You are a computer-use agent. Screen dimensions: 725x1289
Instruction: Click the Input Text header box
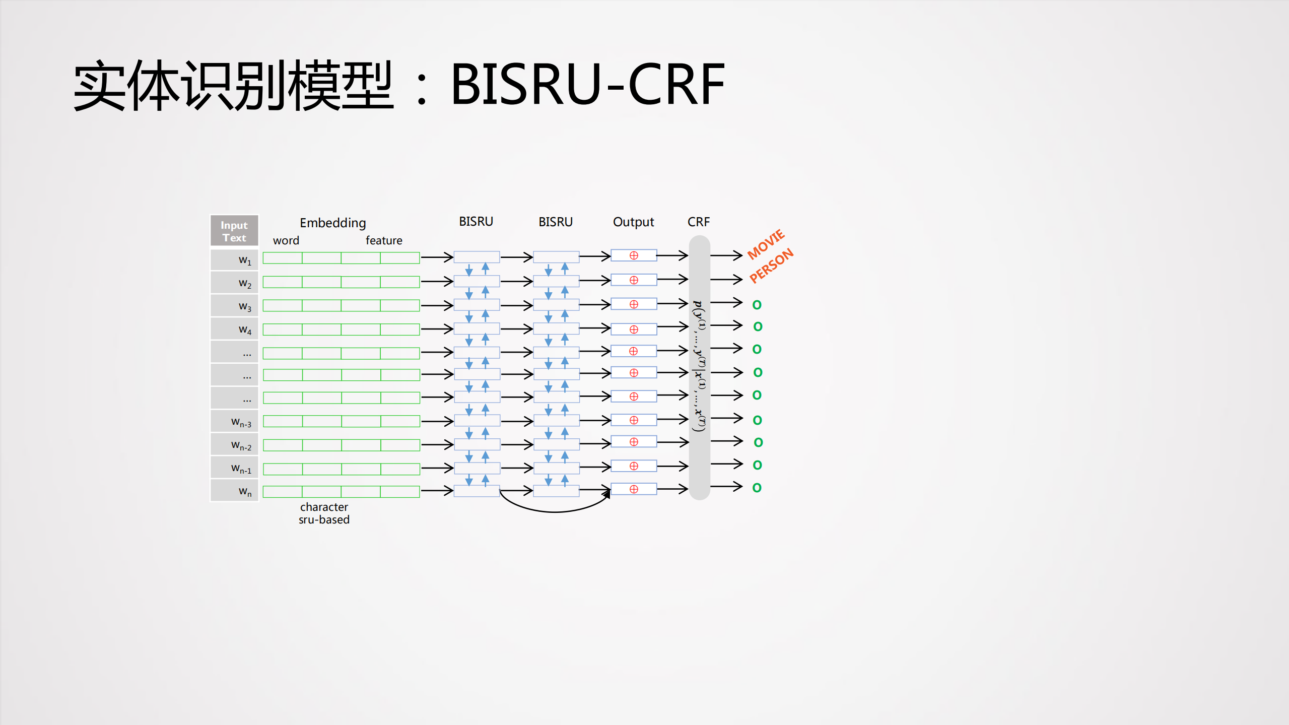[234, 231]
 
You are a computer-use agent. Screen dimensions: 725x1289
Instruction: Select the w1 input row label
[244, 260]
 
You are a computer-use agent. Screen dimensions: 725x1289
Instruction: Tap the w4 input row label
[244, 329]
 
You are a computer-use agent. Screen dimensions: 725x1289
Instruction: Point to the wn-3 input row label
[241, 422]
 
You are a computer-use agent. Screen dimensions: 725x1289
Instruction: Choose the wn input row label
[244, 491]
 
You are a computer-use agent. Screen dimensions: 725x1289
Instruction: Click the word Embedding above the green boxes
[332, 223]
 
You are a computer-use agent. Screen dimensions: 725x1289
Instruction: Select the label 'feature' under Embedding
[384, 240]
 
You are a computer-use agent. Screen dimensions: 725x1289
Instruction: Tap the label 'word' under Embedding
[286, 240]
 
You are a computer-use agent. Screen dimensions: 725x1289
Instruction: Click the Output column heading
[633, 222]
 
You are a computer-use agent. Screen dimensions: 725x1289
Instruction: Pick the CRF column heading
[698, 222]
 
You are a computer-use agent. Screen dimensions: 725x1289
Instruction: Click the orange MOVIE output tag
[766, 244]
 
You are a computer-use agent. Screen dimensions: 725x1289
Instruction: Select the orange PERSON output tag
[771, 266]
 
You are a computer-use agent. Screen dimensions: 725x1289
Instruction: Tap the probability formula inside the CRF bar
[699, 366]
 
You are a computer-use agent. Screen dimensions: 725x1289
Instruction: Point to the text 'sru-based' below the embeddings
[324, 520]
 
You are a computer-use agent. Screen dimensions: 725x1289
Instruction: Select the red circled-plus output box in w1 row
[634, 255]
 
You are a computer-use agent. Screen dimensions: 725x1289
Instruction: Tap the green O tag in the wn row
[757, 488]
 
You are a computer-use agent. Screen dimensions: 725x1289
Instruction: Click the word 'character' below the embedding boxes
[324, 507]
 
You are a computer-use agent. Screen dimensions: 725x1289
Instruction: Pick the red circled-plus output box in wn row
[634, 489]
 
